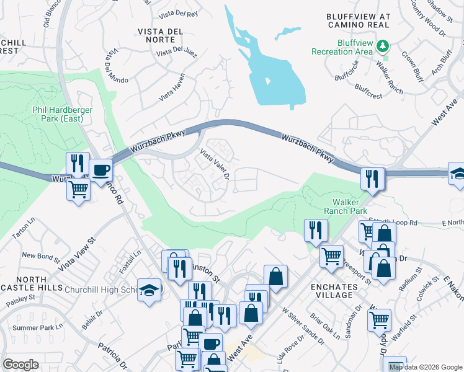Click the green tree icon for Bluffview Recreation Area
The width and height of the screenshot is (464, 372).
tap(383, 45)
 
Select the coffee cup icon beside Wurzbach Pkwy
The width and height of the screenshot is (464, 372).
tap(100, 170)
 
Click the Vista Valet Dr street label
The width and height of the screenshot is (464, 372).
tap(215, 164)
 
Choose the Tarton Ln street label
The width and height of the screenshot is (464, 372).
tap(23, 229)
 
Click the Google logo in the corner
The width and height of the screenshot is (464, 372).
tap(20, 365)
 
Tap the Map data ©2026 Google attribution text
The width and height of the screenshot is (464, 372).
tap(425, 367)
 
